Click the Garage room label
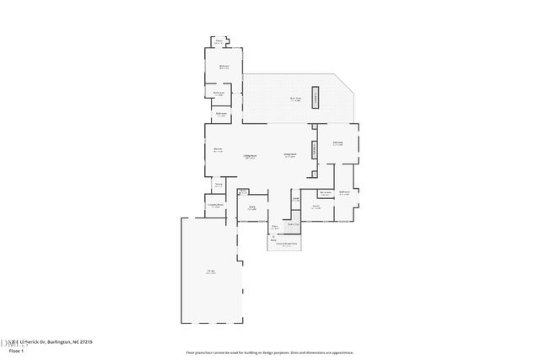click(x=211, y=271)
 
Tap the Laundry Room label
click(x=215, y=205)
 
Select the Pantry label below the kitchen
click(x=218, y=185)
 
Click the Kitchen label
click(x=218, y=150)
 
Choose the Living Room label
click(x=251, y=156)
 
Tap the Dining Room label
click(x=290, y=155)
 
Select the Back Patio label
click(x=295, y=99)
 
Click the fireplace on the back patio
click(x=317, y=96)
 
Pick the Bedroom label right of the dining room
click(x=337, y=144)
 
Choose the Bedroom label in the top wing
click(x=224, y=66)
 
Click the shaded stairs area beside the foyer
click(x=294, y=224)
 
